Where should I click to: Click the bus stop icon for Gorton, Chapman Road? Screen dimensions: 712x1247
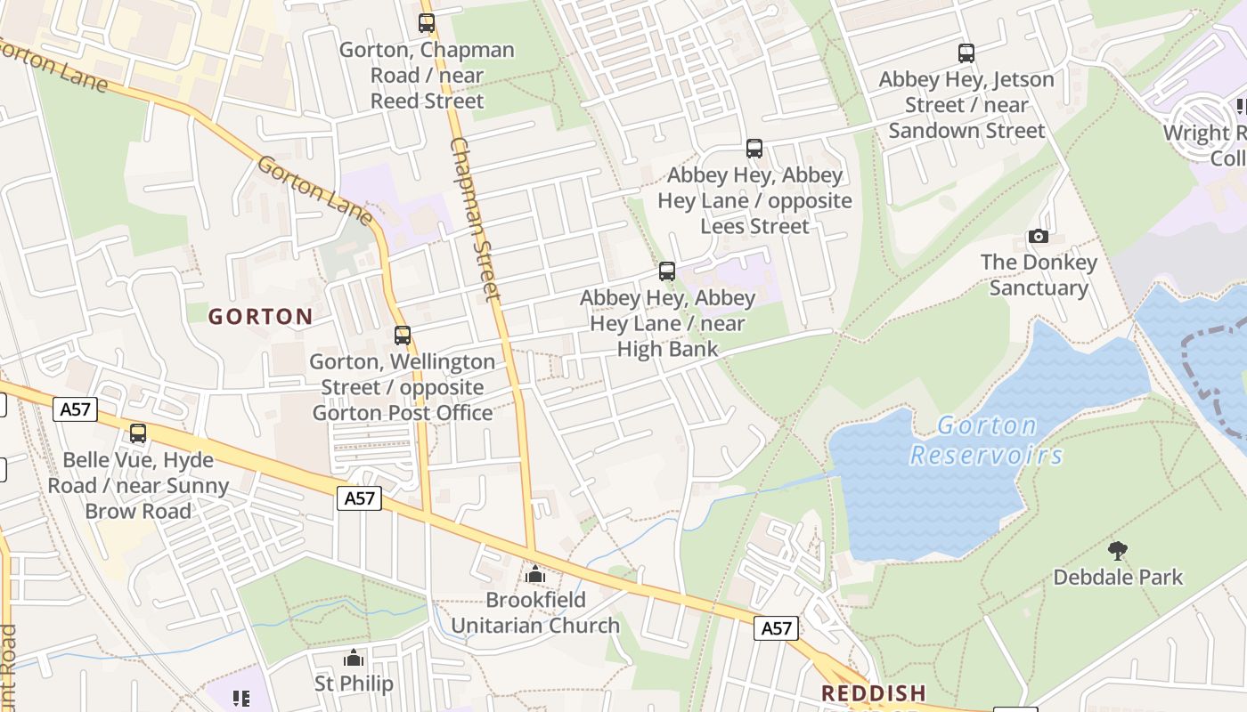427,23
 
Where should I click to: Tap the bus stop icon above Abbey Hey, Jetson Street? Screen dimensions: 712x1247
966,53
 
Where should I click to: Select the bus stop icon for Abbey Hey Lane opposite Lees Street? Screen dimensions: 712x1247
754,149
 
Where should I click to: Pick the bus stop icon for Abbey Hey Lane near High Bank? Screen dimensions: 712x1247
667,271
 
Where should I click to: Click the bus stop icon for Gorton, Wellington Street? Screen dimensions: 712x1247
403,336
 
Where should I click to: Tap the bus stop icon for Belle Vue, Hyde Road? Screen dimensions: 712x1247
138,433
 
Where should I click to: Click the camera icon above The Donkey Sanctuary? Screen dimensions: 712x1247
1039,236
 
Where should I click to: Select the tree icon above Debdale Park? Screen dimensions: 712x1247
1118,551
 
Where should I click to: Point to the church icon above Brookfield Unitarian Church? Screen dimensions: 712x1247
534,574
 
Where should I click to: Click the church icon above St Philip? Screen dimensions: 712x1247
354,658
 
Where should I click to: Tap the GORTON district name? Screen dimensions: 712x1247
260,316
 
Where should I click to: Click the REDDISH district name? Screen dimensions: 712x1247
873,692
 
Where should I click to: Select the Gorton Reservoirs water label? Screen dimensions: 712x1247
986,441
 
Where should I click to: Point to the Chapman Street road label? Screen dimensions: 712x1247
476,218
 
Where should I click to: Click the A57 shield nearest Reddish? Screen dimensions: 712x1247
776,628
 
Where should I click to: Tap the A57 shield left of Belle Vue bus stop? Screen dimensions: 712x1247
75,409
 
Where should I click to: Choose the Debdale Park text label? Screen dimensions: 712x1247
1118,577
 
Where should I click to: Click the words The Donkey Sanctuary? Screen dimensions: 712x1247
1039,275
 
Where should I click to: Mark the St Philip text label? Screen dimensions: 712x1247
354,684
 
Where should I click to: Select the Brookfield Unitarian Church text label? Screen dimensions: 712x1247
534,612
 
